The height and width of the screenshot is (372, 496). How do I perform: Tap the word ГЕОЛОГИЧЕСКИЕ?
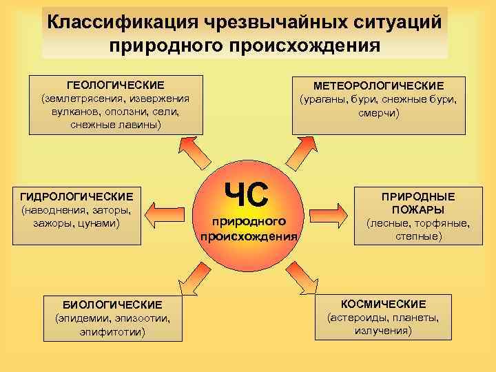coord(115,85)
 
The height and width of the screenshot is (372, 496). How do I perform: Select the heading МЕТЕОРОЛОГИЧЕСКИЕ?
coord(378,85)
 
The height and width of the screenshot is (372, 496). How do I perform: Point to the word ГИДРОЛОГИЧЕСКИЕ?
coord(77,196)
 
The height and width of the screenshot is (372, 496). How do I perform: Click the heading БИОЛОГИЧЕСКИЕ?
coord(112,304)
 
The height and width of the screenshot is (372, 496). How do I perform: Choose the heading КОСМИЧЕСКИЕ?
coord(383,304)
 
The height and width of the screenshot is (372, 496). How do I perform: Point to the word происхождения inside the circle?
coord(249,236)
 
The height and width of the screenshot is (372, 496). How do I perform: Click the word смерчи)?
coord(378,112)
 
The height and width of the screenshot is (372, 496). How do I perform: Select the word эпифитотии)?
coord(112,331)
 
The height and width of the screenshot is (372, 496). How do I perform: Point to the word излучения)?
coord(383,331)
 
